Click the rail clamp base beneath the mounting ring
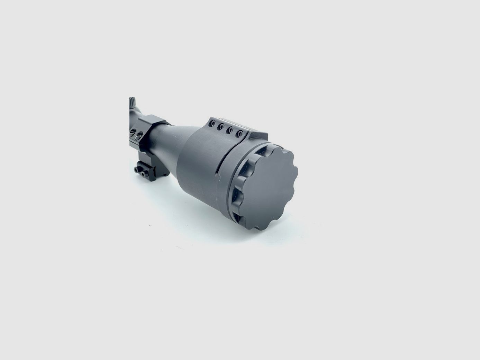pyautogui.click(x=147, y=170)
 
